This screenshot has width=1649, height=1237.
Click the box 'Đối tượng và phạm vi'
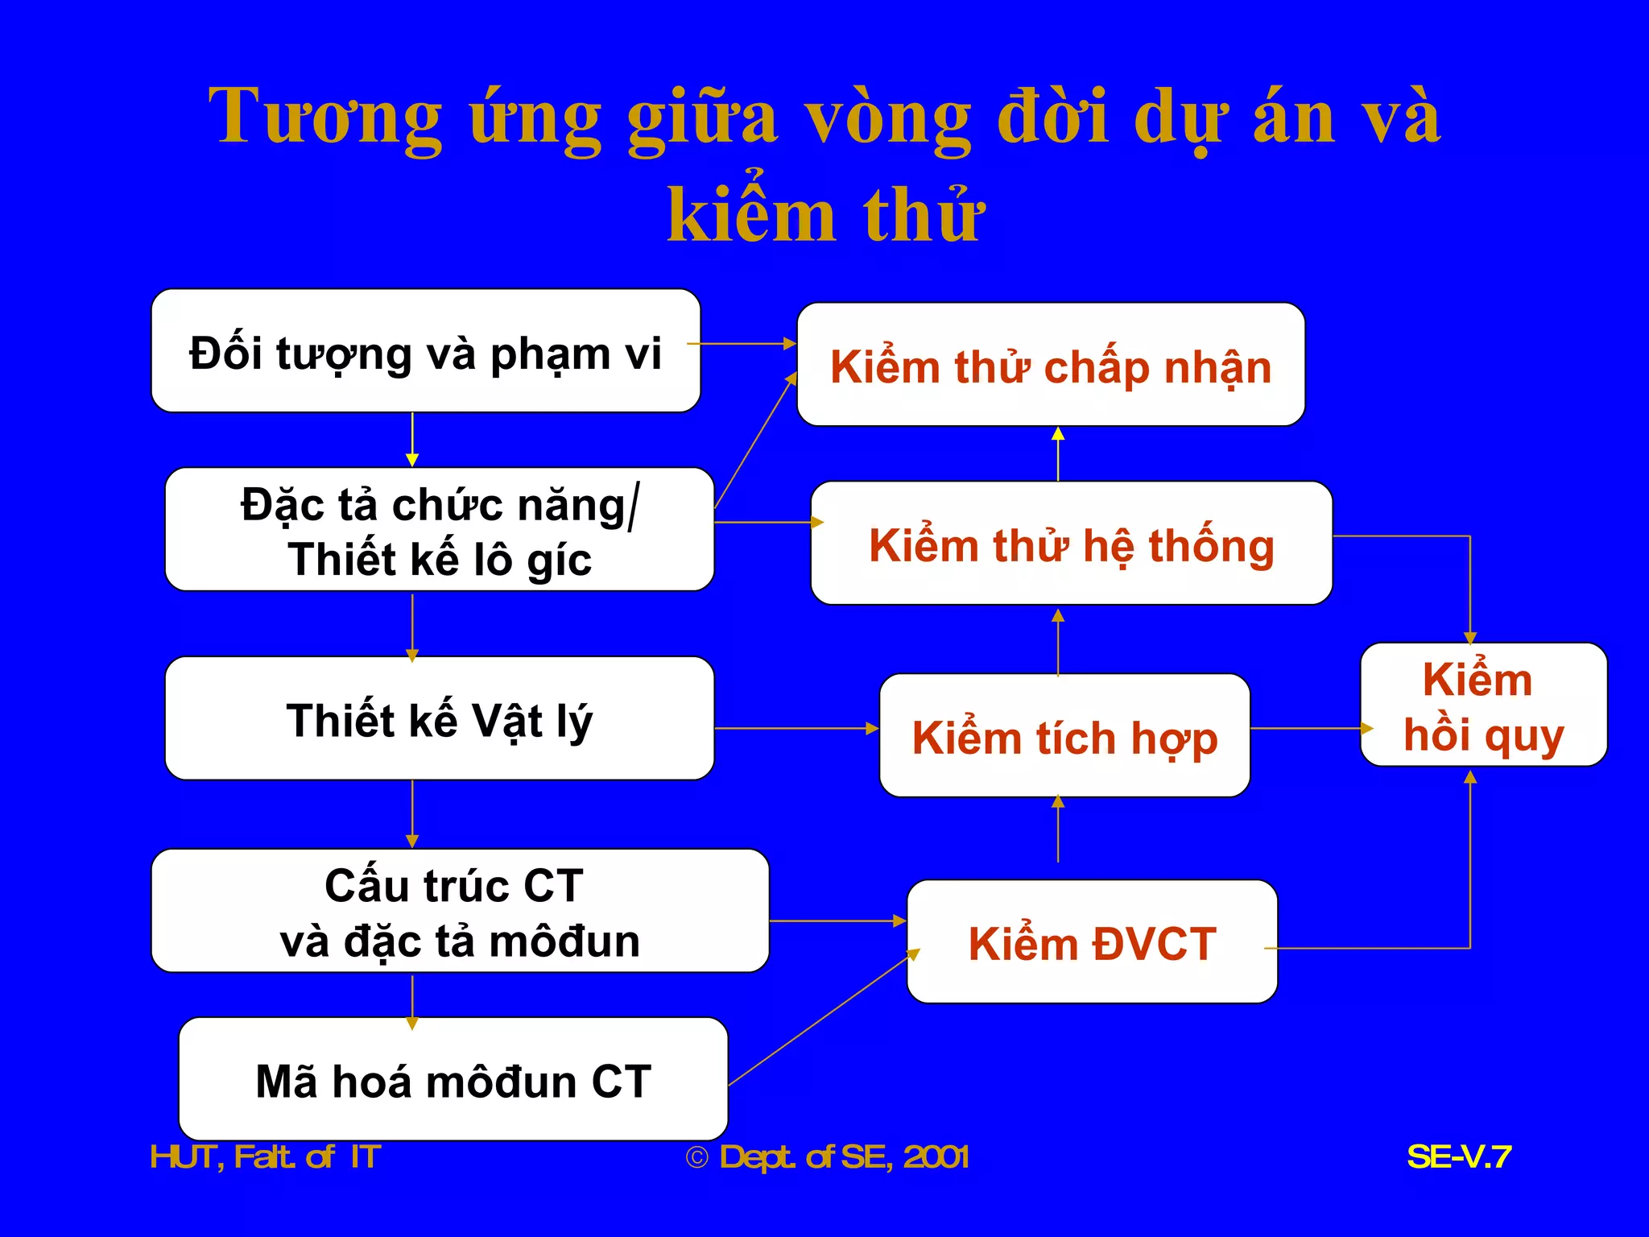pyautogui.click(x=425, y=352)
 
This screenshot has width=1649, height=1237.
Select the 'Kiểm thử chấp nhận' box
pyautogui.click(x=1050, y=365)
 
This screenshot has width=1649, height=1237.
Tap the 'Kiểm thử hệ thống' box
pyautogui.click(x=1071, y=544)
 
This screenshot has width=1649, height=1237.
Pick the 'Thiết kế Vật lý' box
pyautogui.click(x=439, y=718)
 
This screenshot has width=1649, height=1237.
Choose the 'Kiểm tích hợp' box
pyautogui.click(x=1064, y=736)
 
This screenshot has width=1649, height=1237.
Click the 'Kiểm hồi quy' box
pyautogui.click(x=1483, y=705)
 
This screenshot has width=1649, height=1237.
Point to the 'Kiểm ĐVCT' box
pyautogui.click(x=1091, y=942)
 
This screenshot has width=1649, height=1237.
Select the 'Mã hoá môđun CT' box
pyautogui.click(x=453, y=1080)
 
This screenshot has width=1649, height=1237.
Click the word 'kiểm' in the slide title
pyautogui.click(x=751, y=215)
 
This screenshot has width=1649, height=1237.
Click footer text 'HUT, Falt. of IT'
pyautogui.click(x=265, y=1157)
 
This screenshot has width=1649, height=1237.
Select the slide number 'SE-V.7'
pyautogui.click(x=1458, y=1157)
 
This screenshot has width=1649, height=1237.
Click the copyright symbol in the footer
pyautogui.click(x=696, y=1158)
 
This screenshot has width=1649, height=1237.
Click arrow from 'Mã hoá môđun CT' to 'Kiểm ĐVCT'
pyautogui.click(x=821, y=1019)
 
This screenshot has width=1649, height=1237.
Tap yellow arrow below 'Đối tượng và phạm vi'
pyautogui.click(x=412, y=440)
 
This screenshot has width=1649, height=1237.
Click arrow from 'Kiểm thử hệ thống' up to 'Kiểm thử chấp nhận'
pyautogui.click(x=1058, y=455)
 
